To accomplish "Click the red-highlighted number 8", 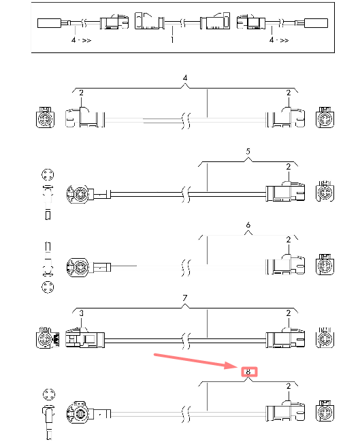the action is (x=248, y=372).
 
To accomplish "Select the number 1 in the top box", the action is (x=171, y=39).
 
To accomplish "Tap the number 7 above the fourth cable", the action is (x=185, y=298).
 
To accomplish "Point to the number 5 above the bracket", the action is (x=248, y=151).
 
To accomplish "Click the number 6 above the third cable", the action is (x=248, y=225).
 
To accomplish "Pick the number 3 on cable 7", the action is (x=81, y=313).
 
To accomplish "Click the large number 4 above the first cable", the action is (x=185, y=78).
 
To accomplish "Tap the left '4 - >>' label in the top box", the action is (x=81, y=40).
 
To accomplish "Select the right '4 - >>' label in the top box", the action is (x=279, y=40).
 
